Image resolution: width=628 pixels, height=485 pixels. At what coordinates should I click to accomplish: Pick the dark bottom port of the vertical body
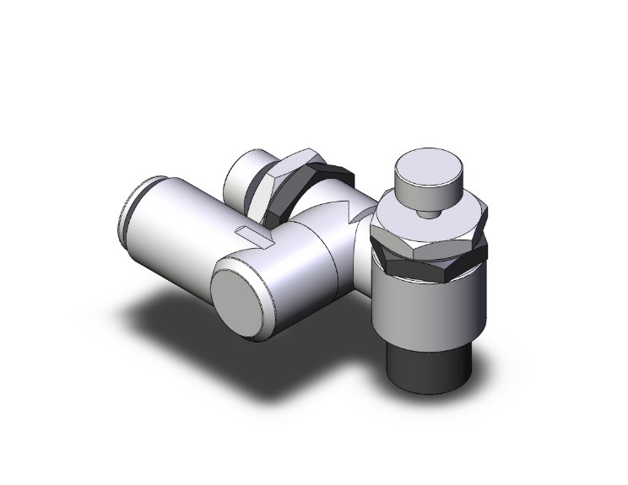pos(427,358)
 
